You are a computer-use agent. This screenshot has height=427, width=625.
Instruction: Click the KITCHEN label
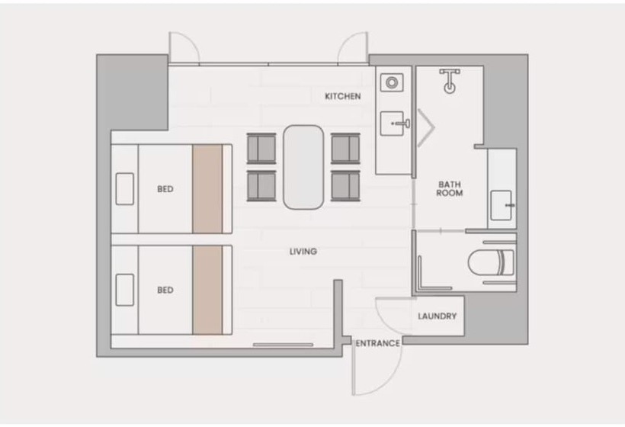point(343,96)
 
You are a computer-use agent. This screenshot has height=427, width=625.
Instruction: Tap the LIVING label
point(303,251)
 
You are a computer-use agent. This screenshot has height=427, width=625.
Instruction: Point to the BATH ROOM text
point(450,188)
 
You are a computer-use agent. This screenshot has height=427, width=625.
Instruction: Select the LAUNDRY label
point(437,316)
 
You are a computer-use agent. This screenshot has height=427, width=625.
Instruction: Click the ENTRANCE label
point(378,343)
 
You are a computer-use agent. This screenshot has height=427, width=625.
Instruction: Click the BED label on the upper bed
point(165,189)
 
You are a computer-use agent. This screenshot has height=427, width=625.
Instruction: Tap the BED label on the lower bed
point(165,291)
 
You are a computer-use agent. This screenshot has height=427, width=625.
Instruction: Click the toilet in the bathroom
point(491,262)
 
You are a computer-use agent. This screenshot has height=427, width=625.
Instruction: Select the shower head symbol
point(450,81)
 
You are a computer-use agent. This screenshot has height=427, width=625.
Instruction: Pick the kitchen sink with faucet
point(394,124)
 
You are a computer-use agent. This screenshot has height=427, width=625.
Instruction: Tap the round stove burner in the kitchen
point(392,83)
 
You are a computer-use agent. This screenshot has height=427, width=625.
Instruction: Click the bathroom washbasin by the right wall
point(502,205)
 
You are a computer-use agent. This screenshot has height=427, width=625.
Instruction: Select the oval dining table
point(303,167)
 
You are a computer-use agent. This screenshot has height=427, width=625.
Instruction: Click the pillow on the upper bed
point(125,189)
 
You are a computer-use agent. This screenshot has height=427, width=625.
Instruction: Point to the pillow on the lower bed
point(125,290)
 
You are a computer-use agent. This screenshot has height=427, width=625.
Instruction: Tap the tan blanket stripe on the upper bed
point(207,189)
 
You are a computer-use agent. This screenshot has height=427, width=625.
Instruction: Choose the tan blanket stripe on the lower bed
point(207,290)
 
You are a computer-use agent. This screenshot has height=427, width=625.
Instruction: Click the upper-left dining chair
point(261,149)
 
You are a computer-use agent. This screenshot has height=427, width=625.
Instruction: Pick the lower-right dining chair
point(345,186)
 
